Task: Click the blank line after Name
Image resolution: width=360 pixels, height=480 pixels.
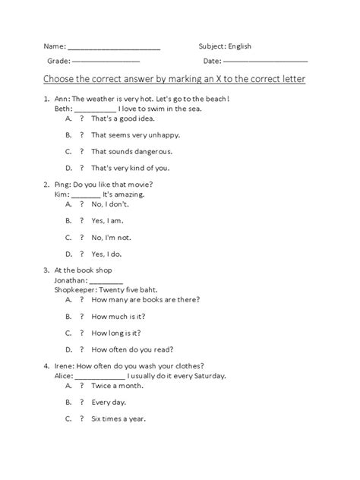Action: click(114, 47)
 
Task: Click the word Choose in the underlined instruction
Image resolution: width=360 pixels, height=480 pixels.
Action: click(61, 79)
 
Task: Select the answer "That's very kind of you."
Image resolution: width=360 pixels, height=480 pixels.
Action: click(130, 168)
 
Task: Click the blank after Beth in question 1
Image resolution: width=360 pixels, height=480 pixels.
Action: click(96, 109)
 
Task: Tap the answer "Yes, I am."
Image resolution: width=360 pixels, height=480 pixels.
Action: click(107, 221)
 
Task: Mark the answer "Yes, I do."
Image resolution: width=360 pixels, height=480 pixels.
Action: click(106, 254)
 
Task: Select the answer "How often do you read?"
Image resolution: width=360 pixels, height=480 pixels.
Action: click(132, 349)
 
